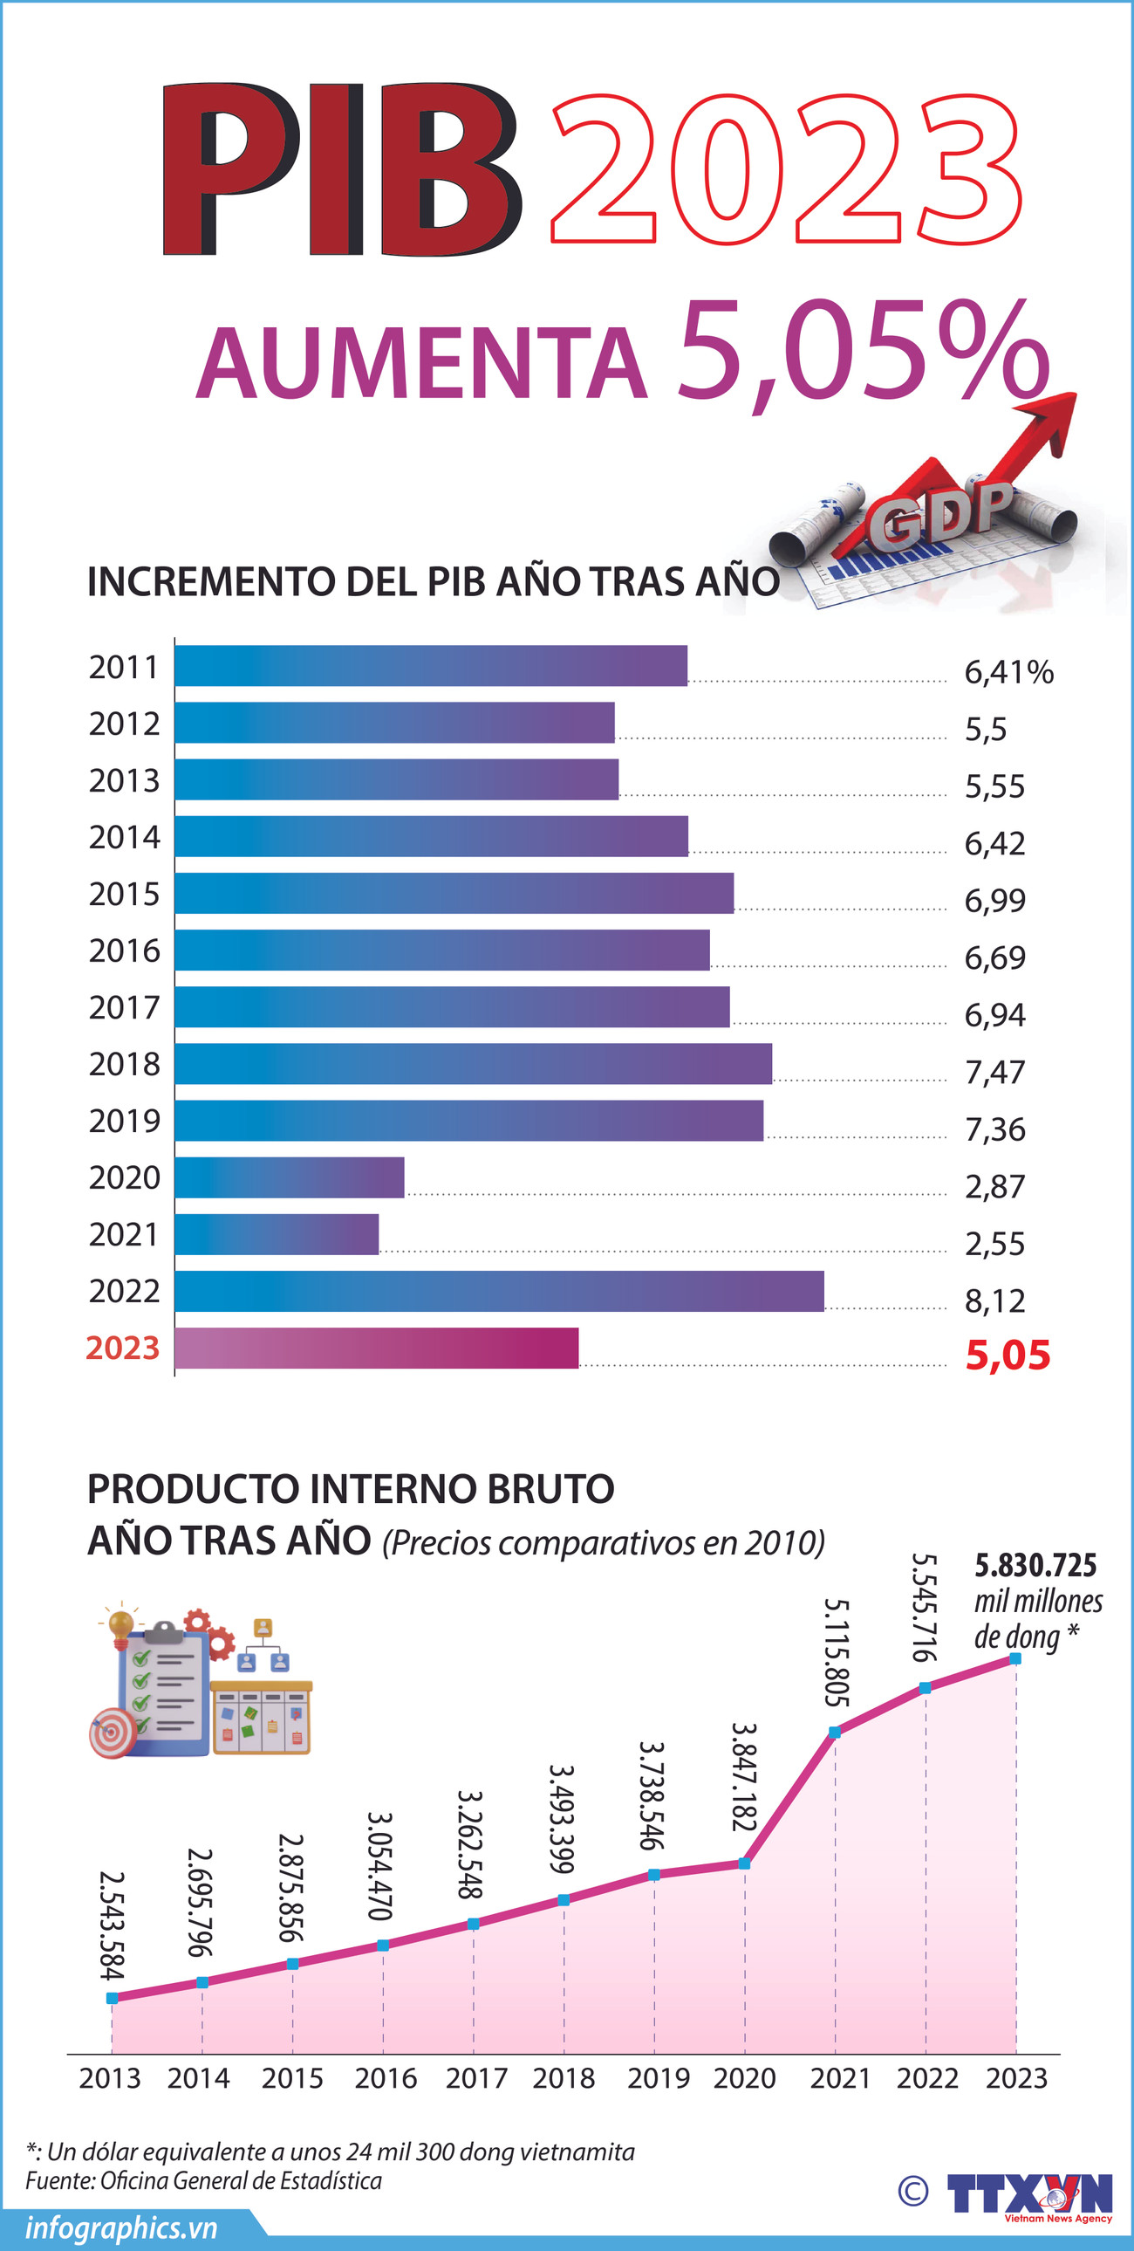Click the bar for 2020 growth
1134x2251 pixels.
290,1177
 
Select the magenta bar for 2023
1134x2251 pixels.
377,1348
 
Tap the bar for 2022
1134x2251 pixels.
499,1291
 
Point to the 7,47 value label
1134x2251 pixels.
994,1072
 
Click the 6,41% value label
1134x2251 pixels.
1008,672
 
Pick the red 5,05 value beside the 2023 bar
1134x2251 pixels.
1008,1355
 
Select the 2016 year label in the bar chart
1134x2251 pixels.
124,950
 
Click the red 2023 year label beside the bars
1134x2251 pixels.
122,1348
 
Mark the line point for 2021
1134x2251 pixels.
834,1732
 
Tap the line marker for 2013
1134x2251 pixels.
112,1998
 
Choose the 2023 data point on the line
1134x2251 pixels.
1015,1657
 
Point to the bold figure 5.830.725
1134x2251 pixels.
1035,1565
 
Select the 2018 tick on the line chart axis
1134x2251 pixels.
564,2078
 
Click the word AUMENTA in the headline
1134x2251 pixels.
420,362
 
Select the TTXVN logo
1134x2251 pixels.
1029,2194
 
